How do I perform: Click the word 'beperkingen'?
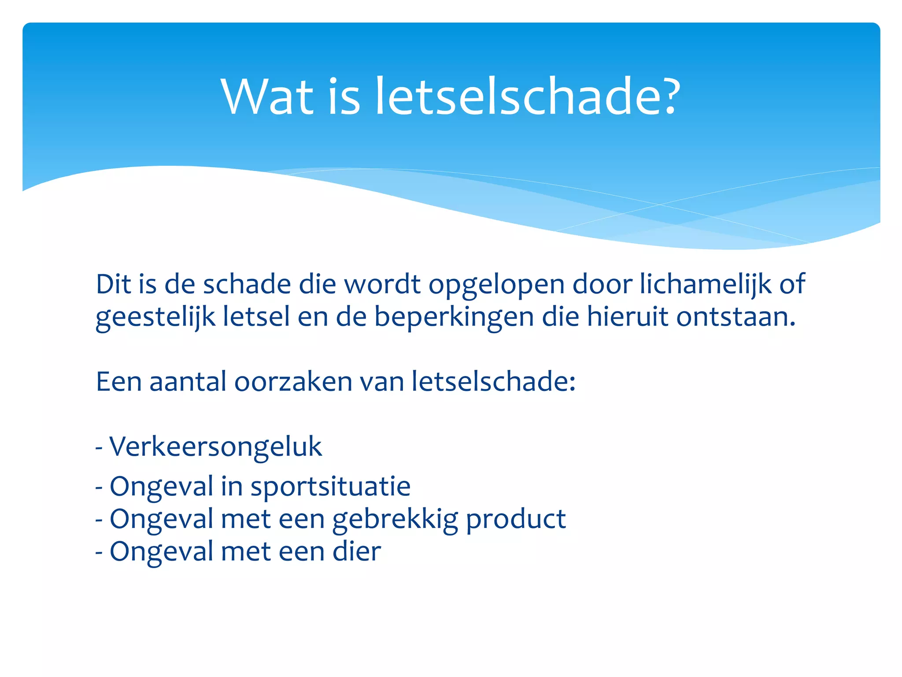454,317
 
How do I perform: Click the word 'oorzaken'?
293,381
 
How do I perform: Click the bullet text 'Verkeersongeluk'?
216,447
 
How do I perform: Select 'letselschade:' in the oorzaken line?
494,381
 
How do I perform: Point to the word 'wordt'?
382,284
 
